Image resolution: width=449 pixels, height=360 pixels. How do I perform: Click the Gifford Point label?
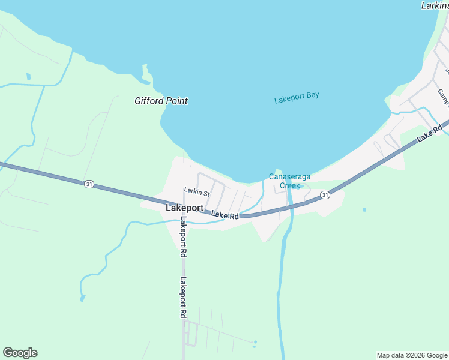[x=161, y=101]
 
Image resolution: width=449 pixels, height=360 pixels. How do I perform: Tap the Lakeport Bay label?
[x=297, y=98]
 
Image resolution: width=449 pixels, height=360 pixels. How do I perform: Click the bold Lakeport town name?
[x=184, y=208]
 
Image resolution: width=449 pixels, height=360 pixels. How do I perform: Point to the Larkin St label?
[x=197, y=193]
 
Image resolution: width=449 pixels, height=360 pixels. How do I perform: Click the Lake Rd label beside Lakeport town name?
[x=225, y=215]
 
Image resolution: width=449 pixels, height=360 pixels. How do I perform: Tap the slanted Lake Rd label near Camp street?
[x=430, y=133]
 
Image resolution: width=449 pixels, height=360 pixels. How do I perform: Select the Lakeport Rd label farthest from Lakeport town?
[x=182, y=298]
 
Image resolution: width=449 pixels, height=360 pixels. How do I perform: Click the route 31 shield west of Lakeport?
[x=89, y=184]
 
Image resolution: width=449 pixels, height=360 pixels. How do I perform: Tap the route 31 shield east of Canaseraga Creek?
[x=325, y=194]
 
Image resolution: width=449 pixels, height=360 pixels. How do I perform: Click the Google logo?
[x=20, y=353]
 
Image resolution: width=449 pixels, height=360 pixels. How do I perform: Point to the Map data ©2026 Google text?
[x=412, y=355]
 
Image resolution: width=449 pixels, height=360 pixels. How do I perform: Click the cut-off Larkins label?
[x=435, y=5]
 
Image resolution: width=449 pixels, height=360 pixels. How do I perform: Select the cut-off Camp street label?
[x=443, y=95]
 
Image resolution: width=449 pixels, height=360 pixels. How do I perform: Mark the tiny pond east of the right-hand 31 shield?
[x=364, y=209]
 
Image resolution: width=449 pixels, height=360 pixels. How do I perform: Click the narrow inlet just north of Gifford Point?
[x=146, y=73]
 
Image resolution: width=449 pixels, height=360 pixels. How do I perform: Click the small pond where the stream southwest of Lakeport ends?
[x=82, y=298]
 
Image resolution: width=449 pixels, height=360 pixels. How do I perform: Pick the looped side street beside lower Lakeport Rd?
[x=191, y=333]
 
